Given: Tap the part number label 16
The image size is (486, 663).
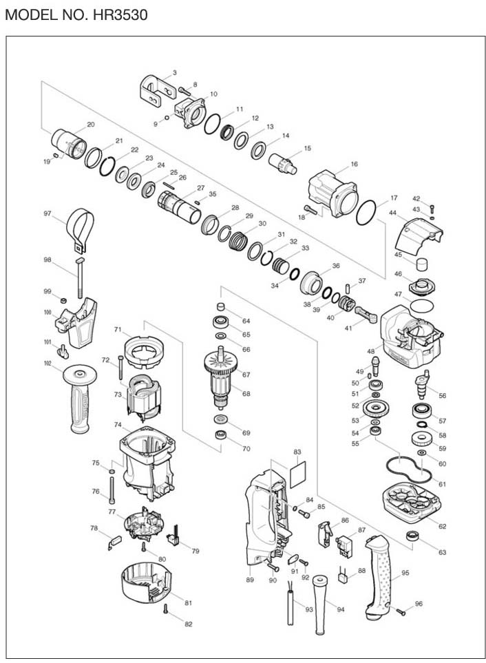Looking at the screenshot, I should [x=355, y=165].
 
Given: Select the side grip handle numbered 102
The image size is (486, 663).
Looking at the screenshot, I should [x=82, y=399].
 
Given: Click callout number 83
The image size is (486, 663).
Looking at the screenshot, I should [x=297, y=452].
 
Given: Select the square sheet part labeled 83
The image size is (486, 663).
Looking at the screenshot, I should [x=297, y=474].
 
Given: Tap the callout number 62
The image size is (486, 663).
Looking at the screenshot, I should [x=441, y=527].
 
